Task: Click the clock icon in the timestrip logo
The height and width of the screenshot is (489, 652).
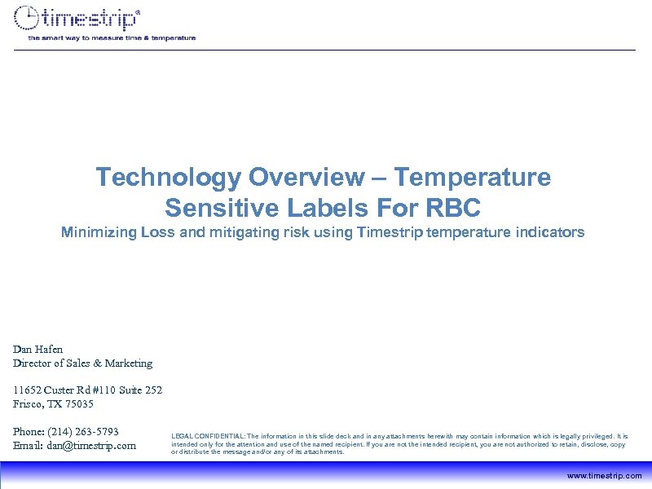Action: coord(28,18)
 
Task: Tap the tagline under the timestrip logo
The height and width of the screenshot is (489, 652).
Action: coord(112,37)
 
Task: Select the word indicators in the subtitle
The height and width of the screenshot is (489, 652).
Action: coord(553,233)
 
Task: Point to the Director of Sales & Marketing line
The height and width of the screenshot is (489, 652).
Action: coord(82,363)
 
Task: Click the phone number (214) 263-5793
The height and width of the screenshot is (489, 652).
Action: coord(84,431)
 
